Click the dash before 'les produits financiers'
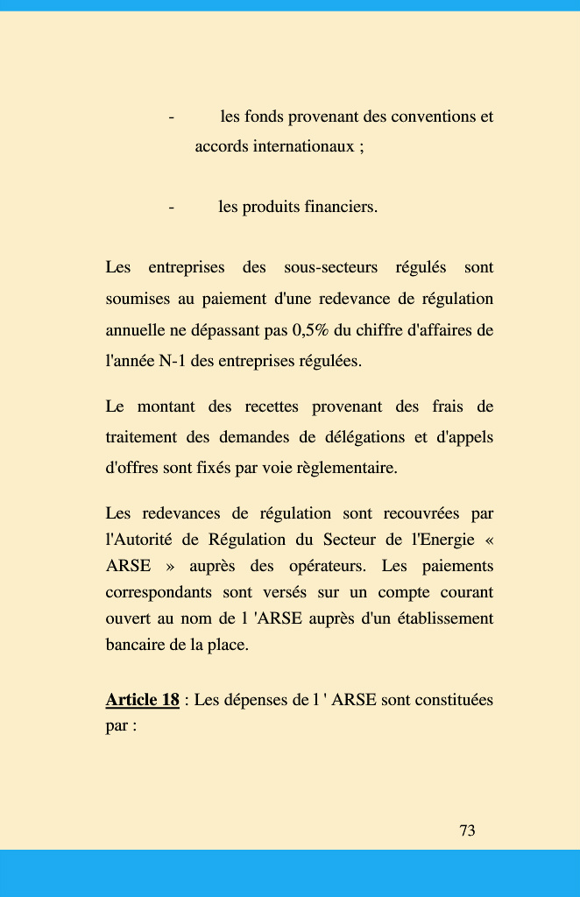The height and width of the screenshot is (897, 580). click(171, 208)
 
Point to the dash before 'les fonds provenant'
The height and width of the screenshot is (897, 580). click(171, 117)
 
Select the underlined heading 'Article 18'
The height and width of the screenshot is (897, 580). click(142, 700)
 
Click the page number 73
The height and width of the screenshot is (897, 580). click(468, 830)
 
